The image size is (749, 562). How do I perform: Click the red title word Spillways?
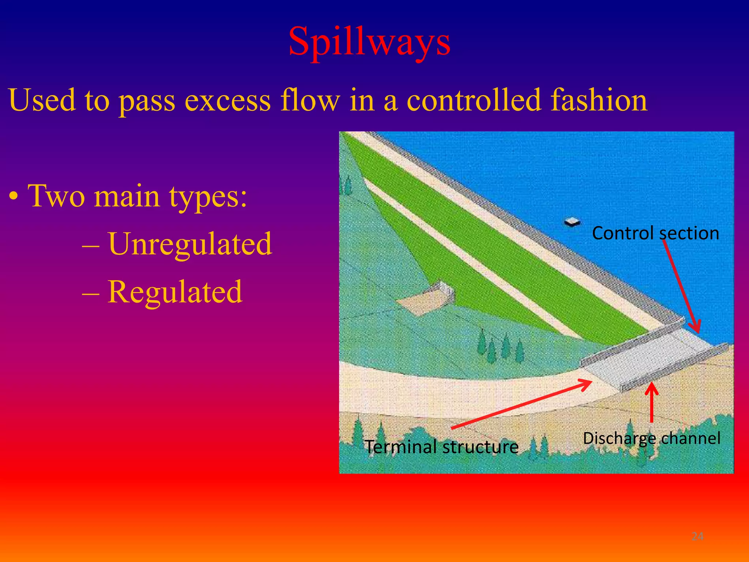point(369,42)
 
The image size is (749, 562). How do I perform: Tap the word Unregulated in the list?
point(190,244)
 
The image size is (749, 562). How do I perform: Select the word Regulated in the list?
point(175,292)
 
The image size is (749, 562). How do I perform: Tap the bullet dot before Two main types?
point(14,198)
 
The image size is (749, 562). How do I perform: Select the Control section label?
point(655,233)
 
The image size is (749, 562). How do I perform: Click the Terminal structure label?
point(442,447)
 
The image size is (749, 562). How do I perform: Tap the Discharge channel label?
point(651,438)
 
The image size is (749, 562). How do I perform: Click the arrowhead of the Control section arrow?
point(697,328)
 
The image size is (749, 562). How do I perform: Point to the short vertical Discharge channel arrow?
point(651,402)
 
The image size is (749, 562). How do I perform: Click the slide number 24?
point(697,536)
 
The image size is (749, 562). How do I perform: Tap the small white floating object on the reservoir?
point(572,222)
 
